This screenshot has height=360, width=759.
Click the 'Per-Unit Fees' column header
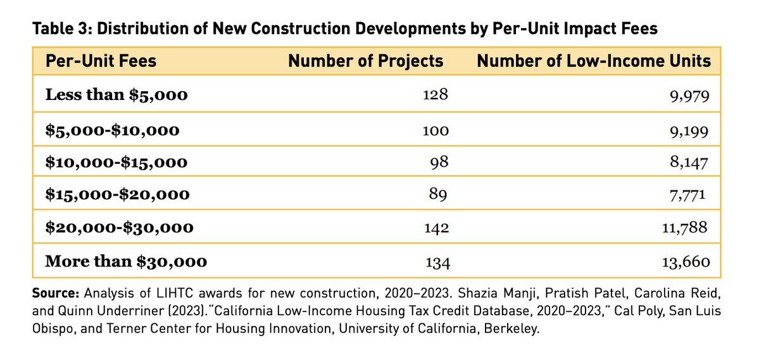101,61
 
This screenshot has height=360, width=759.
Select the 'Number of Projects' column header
365,61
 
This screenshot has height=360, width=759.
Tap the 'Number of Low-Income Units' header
593,61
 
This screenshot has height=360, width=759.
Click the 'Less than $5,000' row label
116,96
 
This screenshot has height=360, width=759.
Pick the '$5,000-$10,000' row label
112,130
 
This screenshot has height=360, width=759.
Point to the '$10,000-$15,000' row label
116,162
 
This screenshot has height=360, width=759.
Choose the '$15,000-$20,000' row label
117,195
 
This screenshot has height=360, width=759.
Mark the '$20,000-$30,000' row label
119,227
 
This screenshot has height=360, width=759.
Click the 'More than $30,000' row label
126,261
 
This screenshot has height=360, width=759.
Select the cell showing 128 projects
436,96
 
